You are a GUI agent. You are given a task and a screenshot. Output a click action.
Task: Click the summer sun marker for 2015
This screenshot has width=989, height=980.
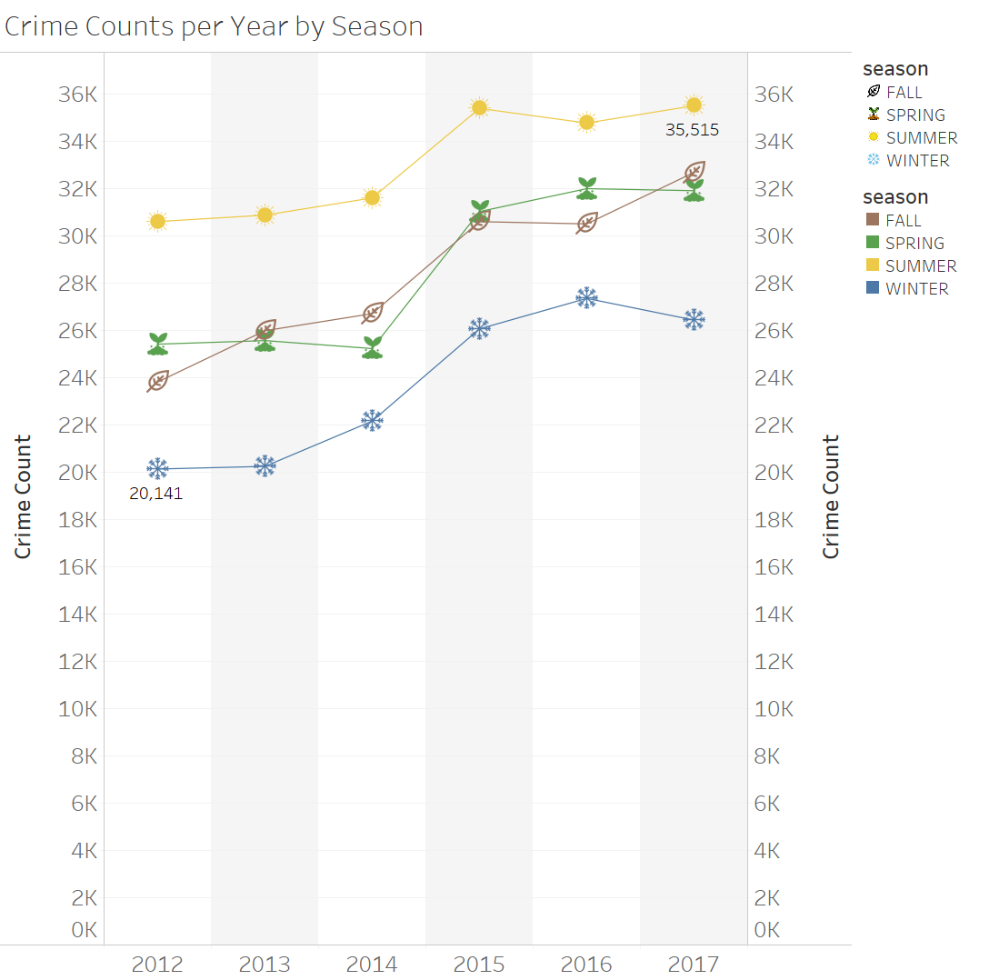pyautogui.click(x=479, y=107)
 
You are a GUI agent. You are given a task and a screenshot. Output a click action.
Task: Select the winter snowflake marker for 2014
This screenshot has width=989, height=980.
pyautogui.click(x=372, y=420)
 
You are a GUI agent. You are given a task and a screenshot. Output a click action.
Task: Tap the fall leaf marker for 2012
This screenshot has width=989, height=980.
pyautogui.click(x=157, y=381)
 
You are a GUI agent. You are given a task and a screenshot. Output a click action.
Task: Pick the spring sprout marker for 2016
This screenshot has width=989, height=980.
pyautogui.click(x=586, y=188)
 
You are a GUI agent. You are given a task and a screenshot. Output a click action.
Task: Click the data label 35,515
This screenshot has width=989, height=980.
pyautogui.click(x=692, y=130)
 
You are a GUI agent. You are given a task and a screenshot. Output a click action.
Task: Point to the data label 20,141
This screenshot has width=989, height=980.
pyautogui.click(x=155, y=494)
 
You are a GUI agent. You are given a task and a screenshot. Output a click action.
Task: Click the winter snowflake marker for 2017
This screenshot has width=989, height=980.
pyautogui.click(x=694, y=319)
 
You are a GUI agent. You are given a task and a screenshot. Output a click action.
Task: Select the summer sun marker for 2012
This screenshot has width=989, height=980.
pyautogui.click(x=157, y=221)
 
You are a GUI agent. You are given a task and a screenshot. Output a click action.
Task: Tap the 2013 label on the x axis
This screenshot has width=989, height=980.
pyautogui.click(x=265, y=965)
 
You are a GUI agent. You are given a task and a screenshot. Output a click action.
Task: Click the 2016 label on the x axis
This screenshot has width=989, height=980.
pyautogui.click(x=586, y=965)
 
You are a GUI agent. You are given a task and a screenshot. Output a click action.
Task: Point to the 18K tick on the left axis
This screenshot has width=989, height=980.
pyautogui.click(x=78, y=520)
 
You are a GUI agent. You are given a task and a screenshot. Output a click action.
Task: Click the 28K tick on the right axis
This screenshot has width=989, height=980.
pyautogui.click(x=774, y=284)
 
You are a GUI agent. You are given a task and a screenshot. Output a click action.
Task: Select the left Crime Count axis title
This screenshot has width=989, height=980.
pyautogui.click(x=23, y=496)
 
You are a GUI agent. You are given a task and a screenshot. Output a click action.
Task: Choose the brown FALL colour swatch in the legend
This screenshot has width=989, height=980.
pyautogui.click(x=873, y=220)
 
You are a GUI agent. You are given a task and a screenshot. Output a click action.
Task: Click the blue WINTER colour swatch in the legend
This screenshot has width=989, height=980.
pyautogui.click(x=873, y=288)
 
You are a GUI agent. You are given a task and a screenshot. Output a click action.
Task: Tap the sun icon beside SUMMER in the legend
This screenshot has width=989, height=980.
pyautogui.click(x=874, y=137)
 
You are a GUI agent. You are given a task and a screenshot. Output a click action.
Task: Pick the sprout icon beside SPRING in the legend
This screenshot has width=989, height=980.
pyautogui.click(x=874, y=115)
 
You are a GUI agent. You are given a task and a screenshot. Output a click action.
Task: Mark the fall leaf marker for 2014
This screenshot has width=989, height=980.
pyautogui.click(x=372, y=313)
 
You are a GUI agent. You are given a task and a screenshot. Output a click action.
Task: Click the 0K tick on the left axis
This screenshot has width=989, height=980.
pyautogui.click(x=84, y=930)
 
